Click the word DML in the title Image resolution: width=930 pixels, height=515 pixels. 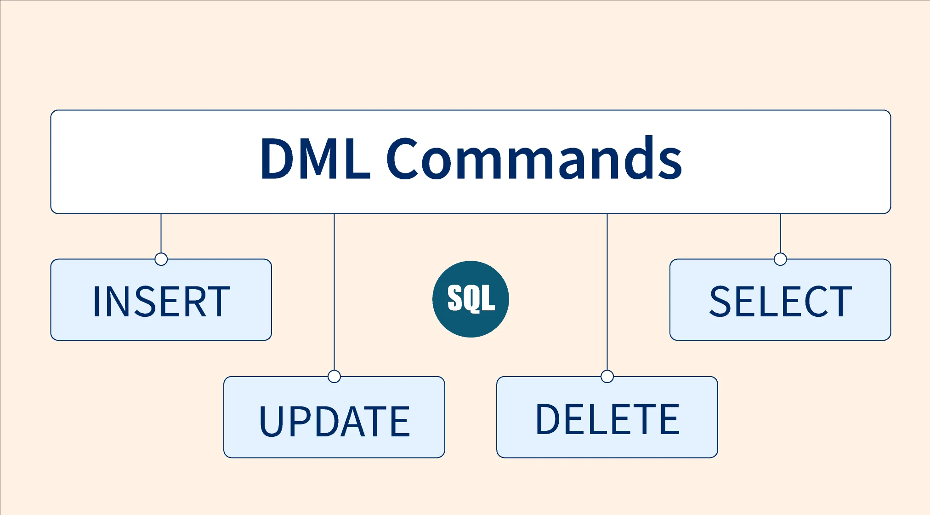tap(315, 158)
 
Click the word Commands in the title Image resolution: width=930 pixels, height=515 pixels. tap(534, 158)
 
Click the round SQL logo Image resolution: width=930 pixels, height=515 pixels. tap(471, 299)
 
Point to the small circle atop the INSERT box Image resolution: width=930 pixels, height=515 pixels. tap(161, 259)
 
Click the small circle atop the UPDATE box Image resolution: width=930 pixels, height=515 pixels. tap(334, 377)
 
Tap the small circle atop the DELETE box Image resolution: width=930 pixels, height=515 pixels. tap(607, 377)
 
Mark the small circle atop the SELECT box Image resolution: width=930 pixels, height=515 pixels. tap(780, 259)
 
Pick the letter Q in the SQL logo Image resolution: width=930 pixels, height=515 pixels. tap(471, 299)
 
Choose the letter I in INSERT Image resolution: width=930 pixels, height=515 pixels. tap(96, 302)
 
